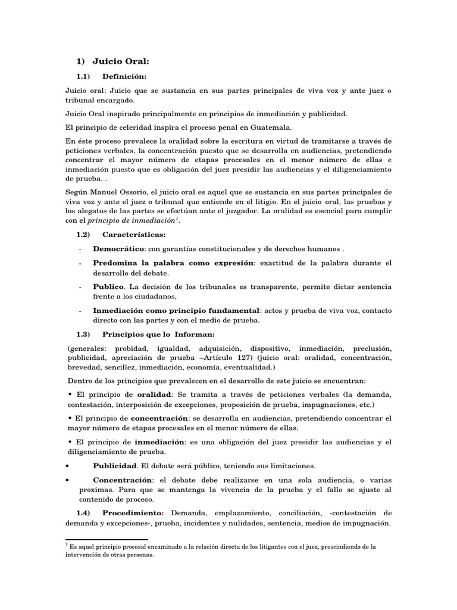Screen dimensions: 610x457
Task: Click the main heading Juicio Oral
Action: tap(120, 61)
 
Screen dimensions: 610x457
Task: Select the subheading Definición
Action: tap(124, 76)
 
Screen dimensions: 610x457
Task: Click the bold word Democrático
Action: tap(118, 248)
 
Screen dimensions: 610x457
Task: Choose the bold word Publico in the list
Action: tap(107, 287)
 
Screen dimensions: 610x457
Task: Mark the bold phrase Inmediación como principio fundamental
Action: tap(176, 310)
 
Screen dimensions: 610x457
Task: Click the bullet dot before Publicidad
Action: tap(68, 465)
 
